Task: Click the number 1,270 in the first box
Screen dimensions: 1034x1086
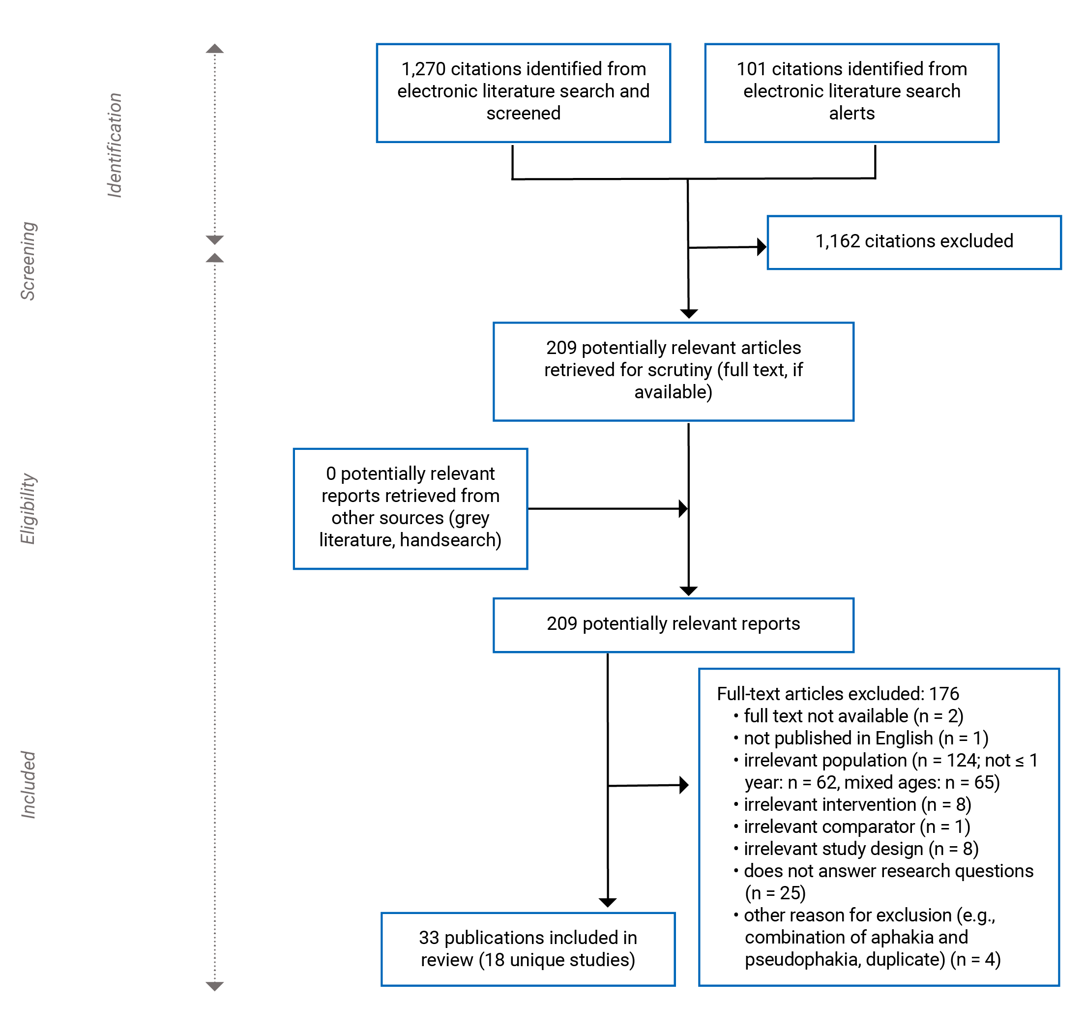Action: [x=423, y=69]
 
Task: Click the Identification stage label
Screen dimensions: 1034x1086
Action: [x=115, y=145]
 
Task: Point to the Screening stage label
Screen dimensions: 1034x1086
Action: [x=28, y=261]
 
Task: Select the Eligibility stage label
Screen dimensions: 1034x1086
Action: [x=28, y=508]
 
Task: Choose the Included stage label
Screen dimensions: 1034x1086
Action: [x=28, y=784]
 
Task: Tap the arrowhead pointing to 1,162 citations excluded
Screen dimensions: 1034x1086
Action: [x=762, y=247]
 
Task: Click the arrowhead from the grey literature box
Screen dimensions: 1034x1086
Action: [x=683, y=509]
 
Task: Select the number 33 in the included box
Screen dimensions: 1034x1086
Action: [x=429, y=938]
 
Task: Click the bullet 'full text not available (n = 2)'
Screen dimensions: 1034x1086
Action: [x=853, y=716]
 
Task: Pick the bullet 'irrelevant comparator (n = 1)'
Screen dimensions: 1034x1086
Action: [x=856, y=827]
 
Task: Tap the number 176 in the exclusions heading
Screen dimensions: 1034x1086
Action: [x=944, y=694]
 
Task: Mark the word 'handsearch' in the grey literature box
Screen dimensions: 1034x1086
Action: [x=450, y=540]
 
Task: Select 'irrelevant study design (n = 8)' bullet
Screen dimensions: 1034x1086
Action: [x=861, y=849]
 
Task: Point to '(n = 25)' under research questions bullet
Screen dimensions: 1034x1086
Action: [x=775, y=893]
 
